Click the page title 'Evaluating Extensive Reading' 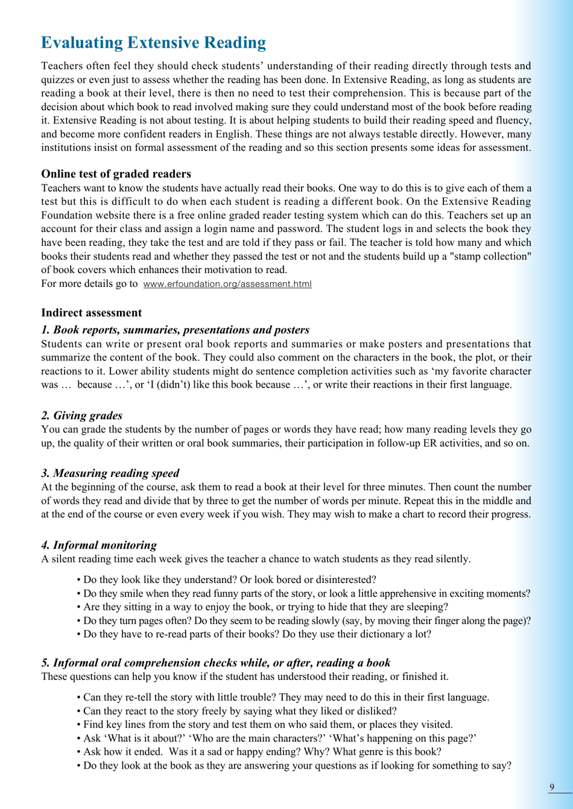coord(153,43)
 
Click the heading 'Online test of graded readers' coord(116,174)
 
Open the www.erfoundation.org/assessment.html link coord(227,284)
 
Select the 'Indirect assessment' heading coord(91,313)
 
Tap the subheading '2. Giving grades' coord(81,415)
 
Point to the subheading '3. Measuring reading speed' coord(110,473)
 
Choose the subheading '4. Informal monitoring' coord(99,545)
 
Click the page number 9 coord(552,787)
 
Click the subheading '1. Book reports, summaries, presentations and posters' coord(175,330)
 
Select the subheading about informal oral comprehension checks coord(215,663)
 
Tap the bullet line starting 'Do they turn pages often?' coord(304,620)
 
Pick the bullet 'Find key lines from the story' coord(268,725)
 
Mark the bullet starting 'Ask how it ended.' coord(262,752)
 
